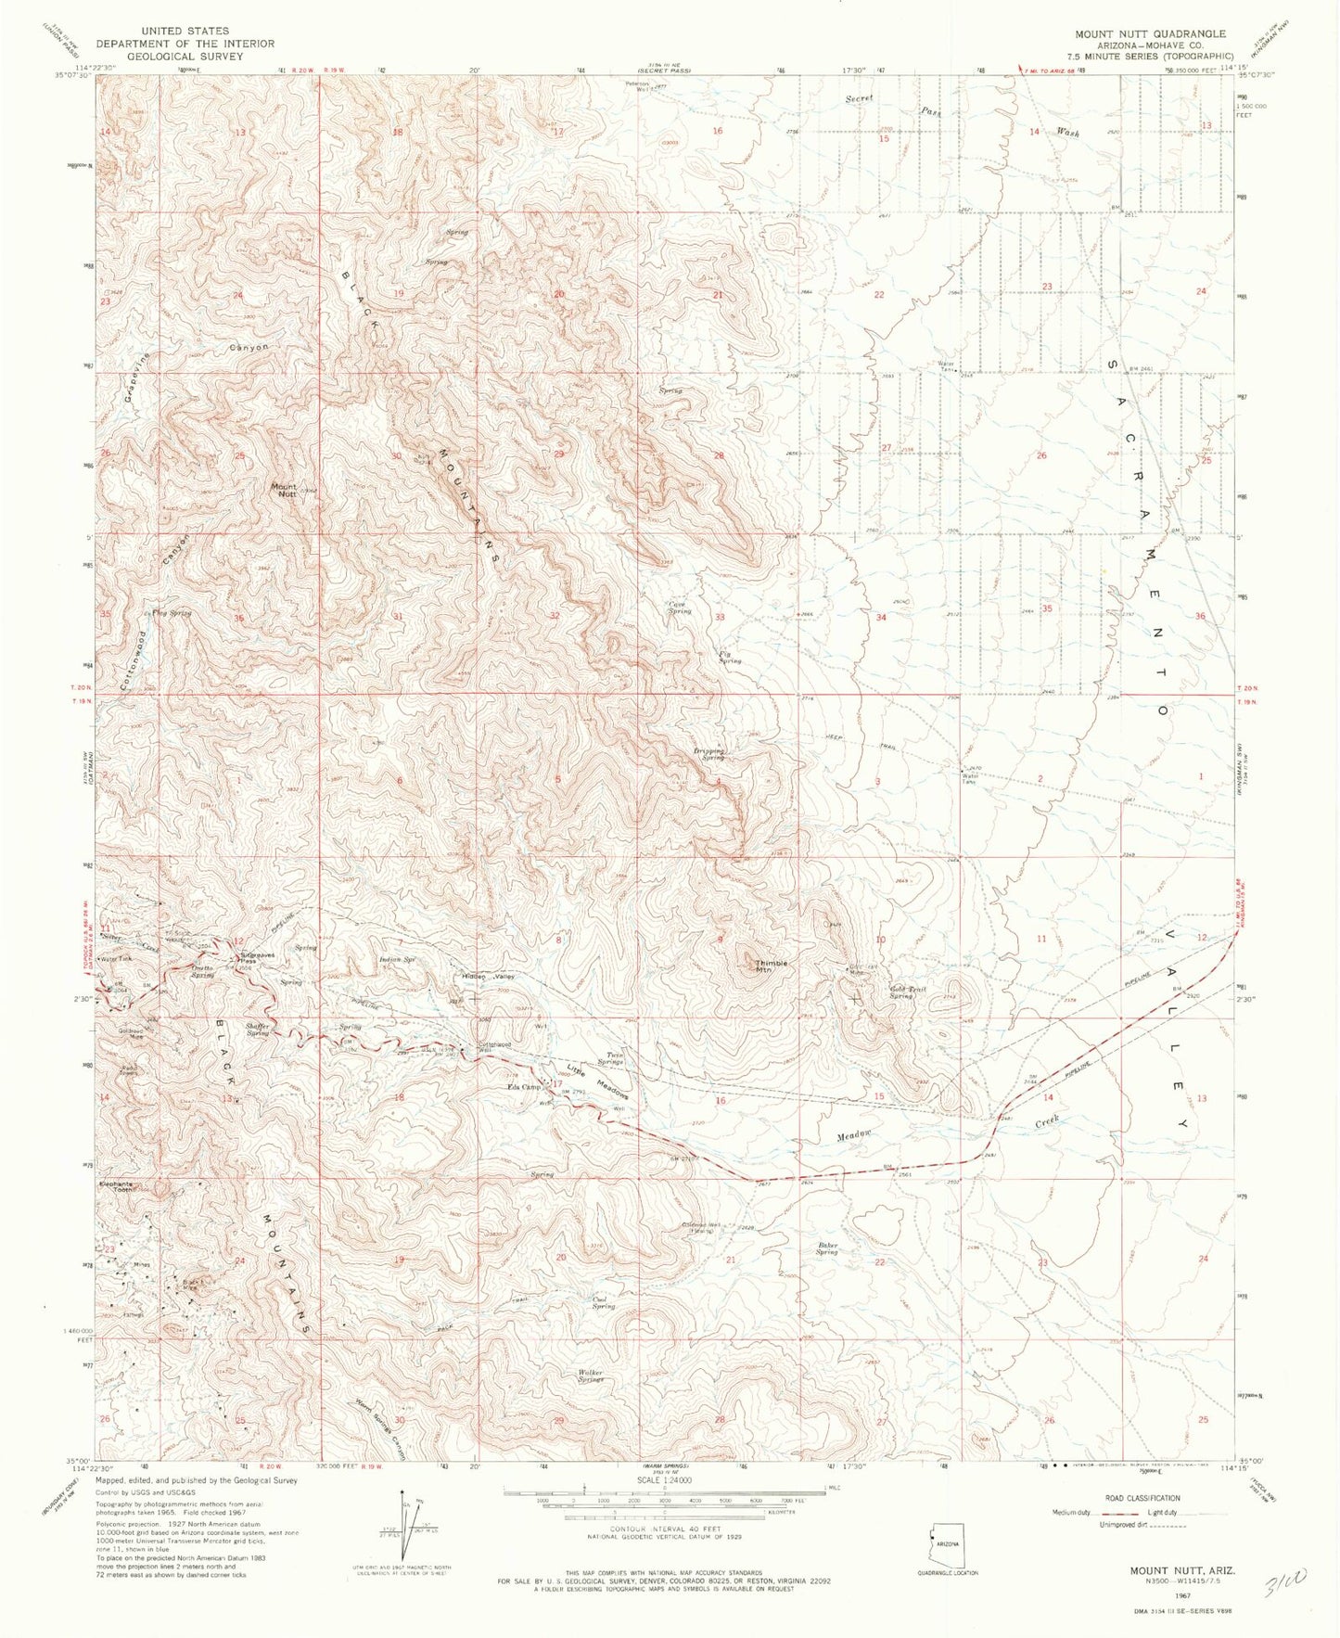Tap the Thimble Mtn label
(772, 966)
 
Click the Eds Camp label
(524, 1087)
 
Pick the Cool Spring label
(604, 1302)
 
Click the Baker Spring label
(827, 1248)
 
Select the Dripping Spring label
(708, 754)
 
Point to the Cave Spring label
(680, 608)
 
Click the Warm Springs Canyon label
(380, 1429)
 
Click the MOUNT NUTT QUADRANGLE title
(1150, 33)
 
